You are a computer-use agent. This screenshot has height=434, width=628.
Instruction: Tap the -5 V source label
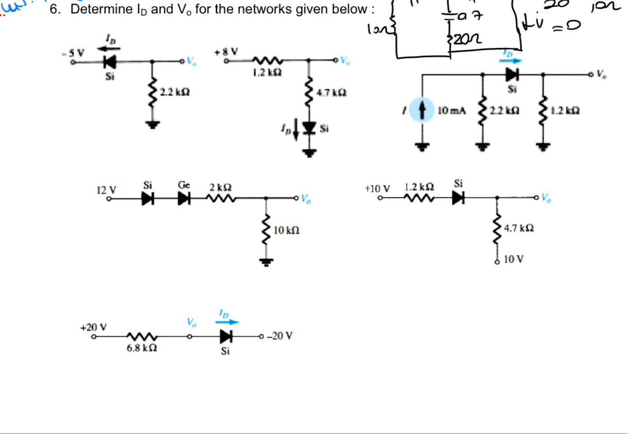coord(78,52)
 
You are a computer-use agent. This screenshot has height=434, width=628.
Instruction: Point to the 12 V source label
coord(107,189)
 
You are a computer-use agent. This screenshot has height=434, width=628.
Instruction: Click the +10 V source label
coord(377,188)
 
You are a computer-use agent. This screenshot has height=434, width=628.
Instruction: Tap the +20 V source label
coord(94,327)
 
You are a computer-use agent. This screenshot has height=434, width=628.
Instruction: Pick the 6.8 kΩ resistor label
coord(142,348)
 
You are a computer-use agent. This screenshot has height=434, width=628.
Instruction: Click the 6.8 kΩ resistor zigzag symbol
coord(142,337)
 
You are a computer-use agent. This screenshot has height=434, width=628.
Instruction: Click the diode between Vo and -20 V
coord(225,337)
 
